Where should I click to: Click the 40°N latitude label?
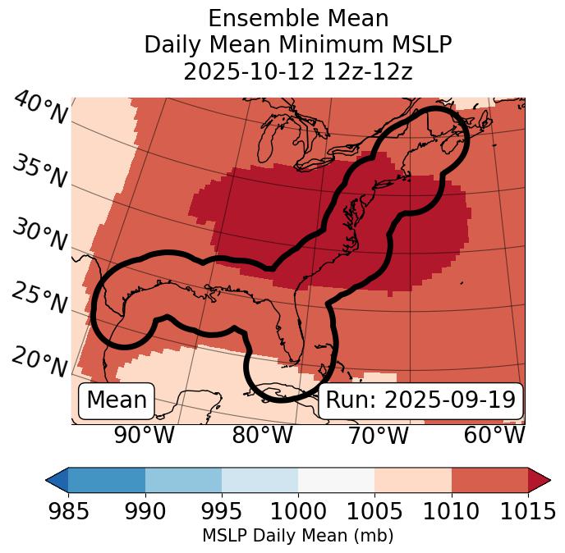40,108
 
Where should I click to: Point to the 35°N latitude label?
39,171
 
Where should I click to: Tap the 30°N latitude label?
39,235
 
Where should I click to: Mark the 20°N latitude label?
39,361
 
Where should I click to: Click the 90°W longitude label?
144,436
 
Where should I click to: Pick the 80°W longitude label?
262,436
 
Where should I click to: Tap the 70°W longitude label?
378,436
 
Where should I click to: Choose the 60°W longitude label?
494,436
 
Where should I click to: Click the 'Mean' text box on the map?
117,400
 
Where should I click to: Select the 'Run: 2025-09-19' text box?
420,400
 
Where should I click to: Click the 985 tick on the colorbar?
69,510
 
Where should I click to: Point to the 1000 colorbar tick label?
298,510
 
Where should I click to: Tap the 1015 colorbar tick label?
528,510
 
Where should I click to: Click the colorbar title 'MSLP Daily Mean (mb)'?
297,537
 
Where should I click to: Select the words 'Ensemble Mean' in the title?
297,18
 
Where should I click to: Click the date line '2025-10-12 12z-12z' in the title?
297,71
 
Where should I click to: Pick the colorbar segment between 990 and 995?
183,480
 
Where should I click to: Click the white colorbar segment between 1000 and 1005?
336,480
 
